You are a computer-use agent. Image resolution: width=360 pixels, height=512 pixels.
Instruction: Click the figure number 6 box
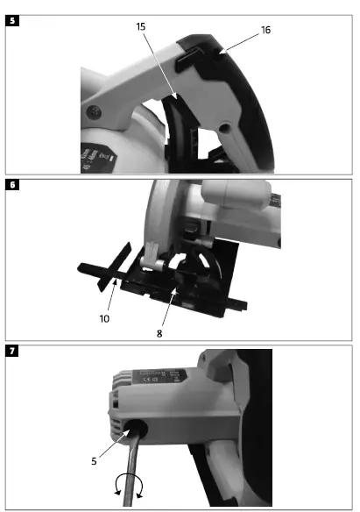[11, 186]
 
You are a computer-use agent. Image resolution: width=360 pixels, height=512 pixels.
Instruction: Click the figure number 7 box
[11, 352]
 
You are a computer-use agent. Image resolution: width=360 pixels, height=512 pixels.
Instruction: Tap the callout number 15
[140, 27]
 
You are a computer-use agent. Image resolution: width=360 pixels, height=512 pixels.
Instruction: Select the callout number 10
[104, 319]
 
